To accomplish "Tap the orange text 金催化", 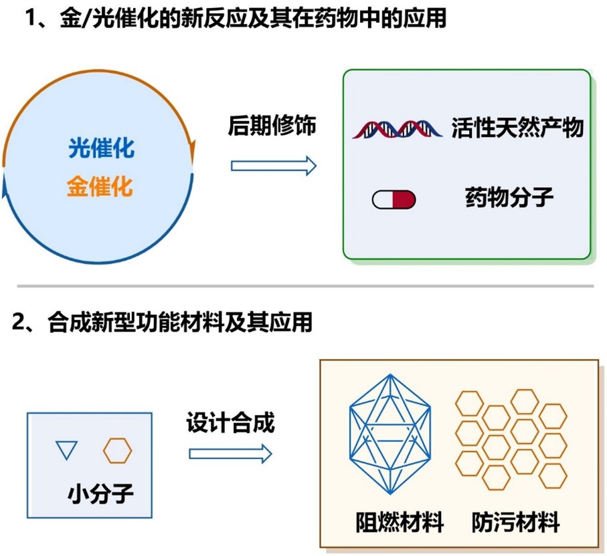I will tap(100, 186).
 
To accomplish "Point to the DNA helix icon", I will tap(398, 128).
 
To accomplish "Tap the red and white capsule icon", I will tap(394, 199).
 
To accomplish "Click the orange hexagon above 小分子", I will tap(117, 450).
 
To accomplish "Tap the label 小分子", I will tap(100, 495).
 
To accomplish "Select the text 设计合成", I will tap(230, 422).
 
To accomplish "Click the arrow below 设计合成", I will tap(230, 454).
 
